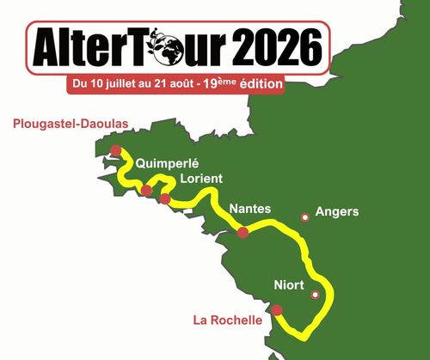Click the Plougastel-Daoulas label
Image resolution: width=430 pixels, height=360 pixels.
(71, 124)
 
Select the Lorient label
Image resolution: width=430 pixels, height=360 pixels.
(201, 179)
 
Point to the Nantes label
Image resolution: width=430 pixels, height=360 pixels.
(250, 209)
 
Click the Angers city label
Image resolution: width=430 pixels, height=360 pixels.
(337, 211)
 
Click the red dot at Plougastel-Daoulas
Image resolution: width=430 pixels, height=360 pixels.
(116, 150)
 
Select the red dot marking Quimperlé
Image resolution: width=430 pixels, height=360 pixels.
(147, 190)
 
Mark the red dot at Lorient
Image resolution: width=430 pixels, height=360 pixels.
(165, 199)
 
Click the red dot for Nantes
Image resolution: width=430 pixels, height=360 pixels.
(243, 232)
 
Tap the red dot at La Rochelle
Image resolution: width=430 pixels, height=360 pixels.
(277, 310)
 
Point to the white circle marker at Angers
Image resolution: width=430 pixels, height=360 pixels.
(304, 217)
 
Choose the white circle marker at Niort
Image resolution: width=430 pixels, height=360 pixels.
(316, 295)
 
